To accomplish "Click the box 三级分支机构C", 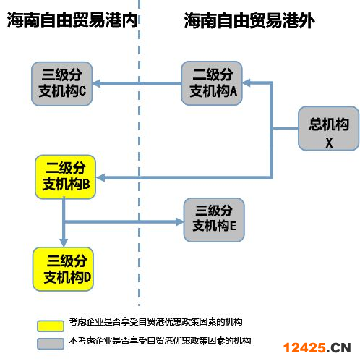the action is (x=62, y=84).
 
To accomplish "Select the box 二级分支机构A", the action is (x=212, y=83).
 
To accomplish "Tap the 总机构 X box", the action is (x=329, y=128).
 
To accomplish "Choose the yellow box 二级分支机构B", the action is (x=66, y=177).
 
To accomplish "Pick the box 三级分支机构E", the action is (x=214, y=220).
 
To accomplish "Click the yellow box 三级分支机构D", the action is (x=63, y=269).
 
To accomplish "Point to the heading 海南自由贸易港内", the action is (x=72, y=20).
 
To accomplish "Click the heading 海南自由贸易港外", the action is (x=249, y=21).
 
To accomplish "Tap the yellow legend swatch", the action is (x=51, y=326).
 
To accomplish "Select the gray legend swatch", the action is (x=51, y=344).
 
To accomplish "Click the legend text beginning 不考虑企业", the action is (x=160, y=341).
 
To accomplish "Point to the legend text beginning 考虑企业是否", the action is (x=155, y=322).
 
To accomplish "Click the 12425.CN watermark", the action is (x=317, y=348).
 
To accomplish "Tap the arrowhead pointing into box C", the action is (x=97, y=83).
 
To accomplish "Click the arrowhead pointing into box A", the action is (x=247, y=83).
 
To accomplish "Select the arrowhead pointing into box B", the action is (x=100, y=178).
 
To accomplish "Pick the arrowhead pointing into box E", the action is (x=179, y=221).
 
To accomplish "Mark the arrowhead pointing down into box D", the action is (x=64, y=242).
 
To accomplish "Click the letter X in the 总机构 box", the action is (x=329, y=143).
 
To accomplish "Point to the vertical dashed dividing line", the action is (x=139, y=153).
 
